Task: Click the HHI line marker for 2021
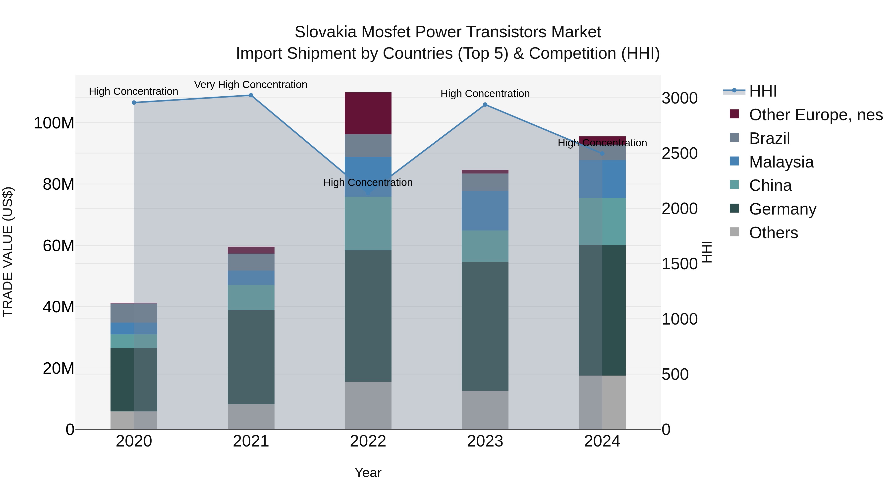tap(251, 95)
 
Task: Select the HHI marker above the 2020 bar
tap(134, 103)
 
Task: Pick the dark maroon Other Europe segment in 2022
tap(368, 113)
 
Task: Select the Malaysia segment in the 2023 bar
tap(485, 210)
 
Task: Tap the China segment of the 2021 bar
tap(251, 297)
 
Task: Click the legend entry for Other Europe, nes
tap(816, 115)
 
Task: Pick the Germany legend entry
tap(782, 209)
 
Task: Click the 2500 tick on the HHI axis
tap(679, 153)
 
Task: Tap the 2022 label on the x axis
tap(368, 441)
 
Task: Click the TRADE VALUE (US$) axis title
tap(8, 252)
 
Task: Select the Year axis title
tap(368, 473)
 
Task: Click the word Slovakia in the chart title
tap(326, 32)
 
